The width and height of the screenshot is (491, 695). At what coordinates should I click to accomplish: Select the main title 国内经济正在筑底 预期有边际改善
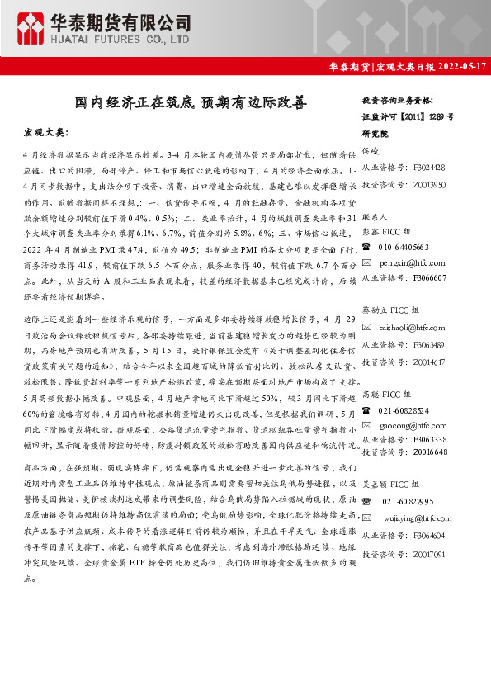point(190,103)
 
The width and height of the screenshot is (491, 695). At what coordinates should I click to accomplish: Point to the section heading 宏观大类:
point(46,132)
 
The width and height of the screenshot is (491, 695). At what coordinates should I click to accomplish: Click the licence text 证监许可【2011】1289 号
point(408,116)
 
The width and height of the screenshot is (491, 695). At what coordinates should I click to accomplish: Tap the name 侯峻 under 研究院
point(370,152)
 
